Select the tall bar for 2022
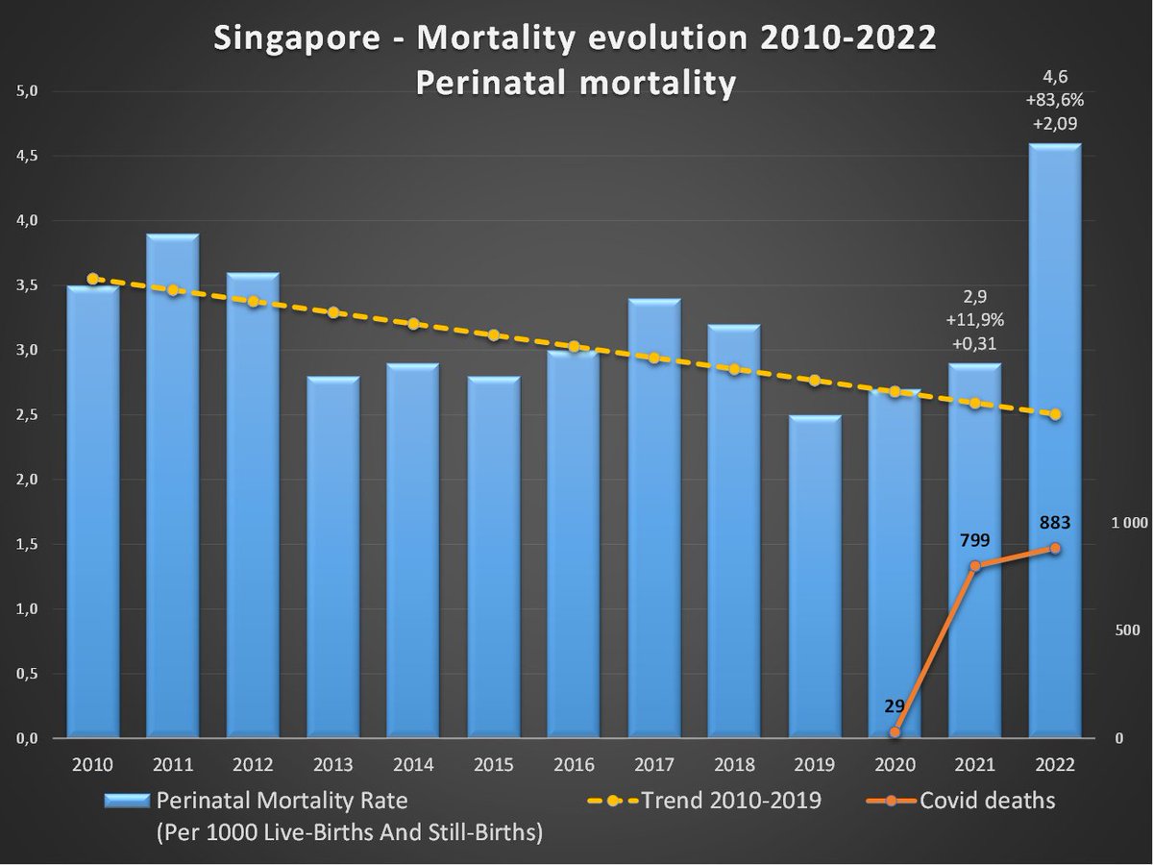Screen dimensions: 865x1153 (1055, 442)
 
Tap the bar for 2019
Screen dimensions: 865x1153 (815, 577)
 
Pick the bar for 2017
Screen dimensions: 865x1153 (654, 519)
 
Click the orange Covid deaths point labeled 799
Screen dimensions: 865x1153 (975, 566)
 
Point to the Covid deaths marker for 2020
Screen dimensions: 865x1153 (895, 732)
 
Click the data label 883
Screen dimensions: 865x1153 (1055, 524)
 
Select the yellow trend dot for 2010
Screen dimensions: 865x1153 (92, 279)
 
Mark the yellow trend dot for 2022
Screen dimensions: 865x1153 (1055, 414)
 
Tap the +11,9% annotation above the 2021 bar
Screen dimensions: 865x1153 (974, 319)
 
